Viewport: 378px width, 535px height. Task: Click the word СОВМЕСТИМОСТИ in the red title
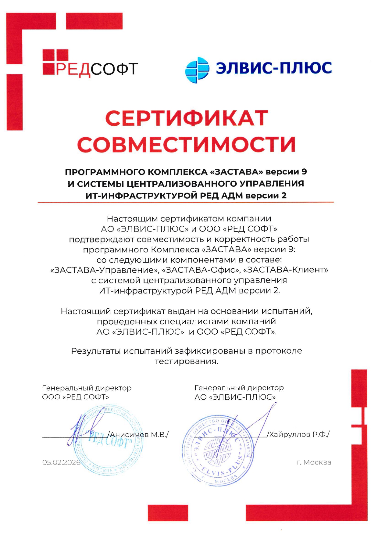tap(187, 144)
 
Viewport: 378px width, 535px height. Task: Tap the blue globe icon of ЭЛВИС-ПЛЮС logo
tap(197, 70)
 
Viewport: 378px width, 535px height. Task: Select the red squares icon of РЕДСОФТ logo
tap(55, 62)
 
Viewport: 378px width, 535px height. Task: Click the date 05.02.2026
tap(61, 462)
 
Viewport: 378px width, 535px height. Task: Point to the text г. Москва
tap(314, 462)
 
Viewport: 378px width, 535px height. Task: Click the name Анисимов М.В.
tap(139, 434)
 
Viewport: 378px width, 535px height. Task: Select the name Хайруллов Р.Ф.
tap(299, 434)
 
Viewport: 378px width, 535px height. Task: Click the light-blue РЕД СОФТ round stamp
tap(109, 443)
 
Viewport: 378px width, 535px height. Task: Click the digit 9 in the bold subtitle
tap(304, 172)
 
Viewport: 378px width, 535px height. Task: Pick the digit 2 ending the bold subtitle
tap(284, 196)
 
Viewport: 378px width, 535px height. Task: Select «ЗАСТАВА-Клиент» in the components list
tap(286, 270)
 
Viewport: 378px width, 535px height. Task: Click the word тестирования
tap(187, 361)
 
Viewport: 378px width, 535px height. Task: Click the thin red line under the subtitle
tap(186, 202)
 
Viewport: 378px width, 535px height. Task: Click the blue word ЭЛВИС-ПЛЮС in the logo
tap(274, 68)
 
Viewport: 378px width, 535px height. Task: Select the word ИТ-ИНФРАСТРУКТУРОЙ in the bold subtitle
tap(141, 196)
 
